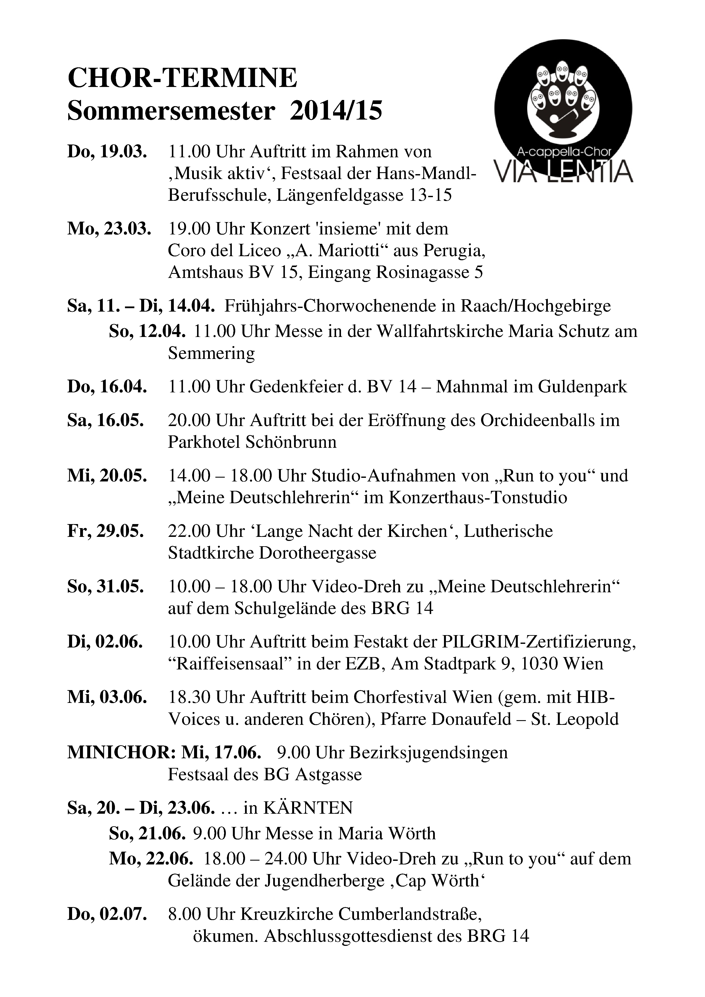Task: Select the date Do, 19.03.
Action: point(107,152)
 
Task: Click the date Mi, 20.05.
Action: point(107,476)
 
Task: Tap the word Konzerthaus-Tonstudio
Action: point(478,498)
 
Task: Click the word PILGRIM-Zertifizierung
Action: point(539,642)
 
